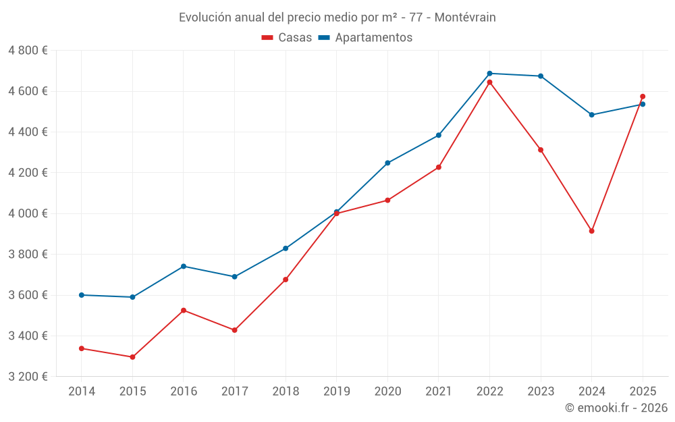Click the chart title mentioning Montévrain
coord(337,18)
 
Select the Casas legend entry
coord(287,38)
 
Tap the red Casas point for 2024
coord(591,231)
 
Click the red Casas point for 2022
coord(489,82)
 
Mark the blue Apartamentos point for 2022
coord(489,74)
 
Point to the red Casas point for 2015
coord(132,357)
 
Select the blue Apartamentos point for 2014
coord(82,295)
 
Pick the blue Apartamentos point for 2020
coord(387,163)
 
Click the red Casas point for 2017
coord(234,330)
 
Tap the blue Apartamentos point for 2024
coord(591,115)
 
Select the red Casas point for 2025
coord(643,97)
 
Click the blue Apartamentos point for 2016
coord(184,266)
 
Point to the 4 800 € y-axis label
coord(28,51)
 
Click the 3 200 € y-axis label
coord(28,377)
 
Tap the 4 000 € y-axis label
coord(28,213)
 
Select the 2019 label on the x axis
coord(336,392)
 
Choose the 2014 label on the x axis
coord(82,392)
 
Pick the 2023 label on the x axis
coord(540,392)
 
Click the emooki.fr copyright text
coord(616,408)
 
